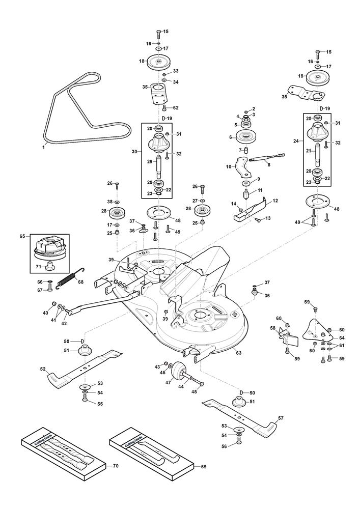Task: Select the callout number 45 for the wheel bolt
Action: point(193,391)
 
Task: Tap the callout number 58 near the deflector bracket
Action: point(272,328)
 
